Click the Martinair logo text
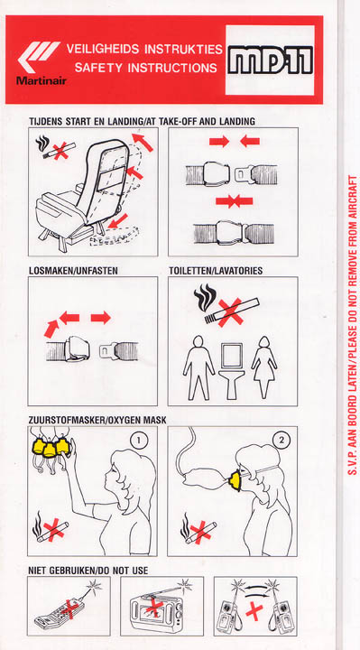(x=41, y=80)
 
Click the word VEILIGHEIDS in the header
(x=103, y=50)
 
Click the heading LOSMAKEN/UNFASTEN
(x=73, y=271)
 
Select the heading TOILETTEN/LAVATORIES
(x=216, y=271)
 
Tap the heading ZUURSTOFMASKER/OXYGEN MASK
(x=97, y=420)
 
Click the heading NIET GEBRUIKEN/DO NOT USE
(x=88, y=571)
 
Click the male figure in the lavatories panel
(x=198, y=367)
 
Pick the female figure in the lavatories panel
(x=263, y=367)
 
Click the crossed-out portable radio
(x=156, y=608)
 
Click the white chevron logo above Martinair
(x=38, y=57)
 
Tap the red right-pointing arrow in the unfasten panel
(x=101, y=318)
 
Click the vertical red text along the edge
(x=353, y=326)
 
